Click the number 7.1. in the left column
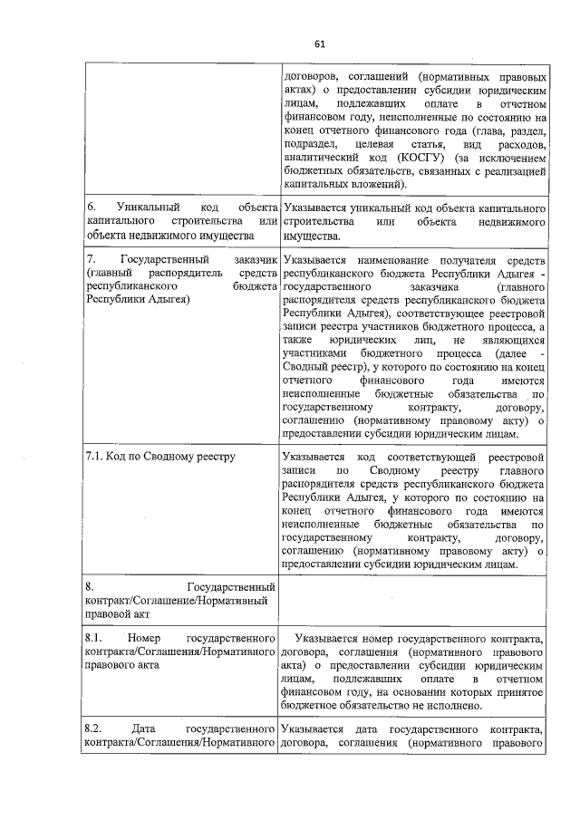[96, 456]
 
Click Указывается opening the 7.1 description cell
[314, 457]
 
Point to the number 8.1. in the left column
[93, 641]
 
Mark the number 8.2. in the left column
[93, 729]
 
